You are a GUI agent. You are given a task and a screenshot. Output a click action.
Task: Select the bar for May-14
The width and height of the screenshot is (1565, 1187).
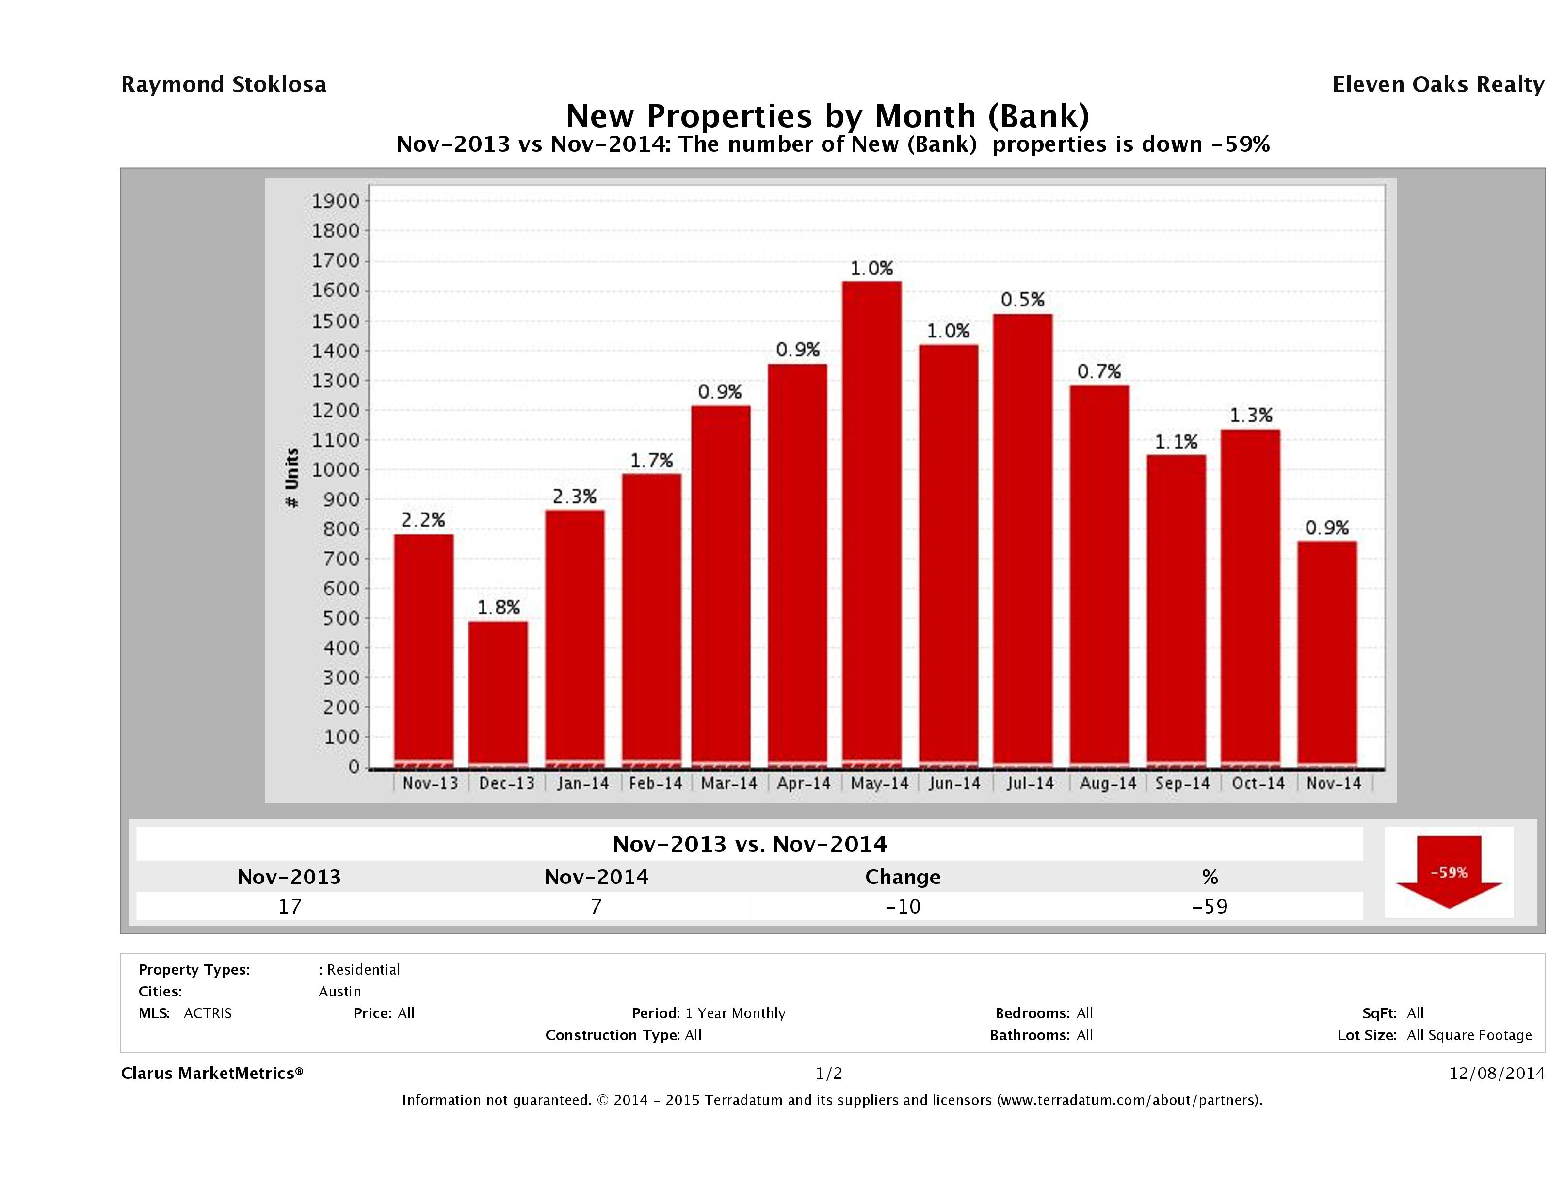871,524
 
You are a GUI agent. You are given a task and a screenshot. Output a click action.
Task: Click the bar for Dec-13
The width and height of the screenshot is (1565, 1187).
498,693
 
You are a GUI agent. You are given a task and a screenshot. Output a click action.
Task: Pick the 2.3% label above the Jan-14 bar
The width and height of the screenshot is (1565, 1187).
575,497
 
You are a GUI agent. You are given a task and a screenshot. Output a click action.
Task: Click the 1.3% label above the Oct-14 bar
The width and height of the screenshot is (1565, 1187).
1251,415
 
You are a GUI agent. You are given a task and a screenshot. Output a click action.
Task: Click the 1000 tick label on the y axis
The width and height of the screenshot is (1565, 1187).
336,470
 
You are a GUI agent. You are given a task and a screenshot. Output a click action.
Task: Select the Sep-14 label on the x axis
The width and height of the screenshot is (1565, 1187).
1182,783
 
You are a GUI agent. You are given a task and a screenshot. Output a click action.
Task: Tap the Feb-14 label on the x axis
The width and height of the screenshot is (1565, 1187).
655,783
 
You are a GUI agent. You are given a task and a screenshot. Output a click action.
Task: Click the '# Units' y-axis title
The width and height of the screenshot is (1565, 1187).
291,478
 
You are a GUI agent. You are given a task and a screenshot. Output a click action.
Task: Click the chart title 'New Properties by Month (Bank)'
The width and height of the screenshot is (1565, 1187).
828,115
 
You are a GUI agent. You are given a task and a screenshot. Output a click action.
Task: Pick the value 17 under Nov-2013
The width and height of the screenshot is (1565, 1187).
290,906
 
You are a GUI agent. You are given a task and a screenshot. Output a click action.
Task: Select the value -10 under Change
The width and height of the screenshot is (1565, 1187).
903,906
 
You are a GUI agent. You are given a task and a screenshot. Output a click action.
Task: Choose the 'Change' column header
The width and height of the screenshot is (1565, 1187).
903,877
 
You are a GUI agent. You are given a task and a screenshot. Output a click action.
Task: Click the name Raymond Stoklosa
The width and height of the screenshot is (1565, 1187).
224,85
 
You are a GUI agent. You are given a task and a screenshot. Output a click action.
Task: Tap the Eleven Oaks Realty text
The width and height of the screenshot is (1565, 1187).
1437,85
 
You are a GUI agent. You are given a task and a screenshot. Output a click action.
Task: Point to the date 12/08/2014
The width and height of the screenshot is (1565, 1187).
1496,1073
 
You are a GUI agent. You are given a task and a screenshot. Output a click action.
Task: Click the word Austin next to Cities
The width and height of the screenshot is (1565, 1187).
339,991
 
